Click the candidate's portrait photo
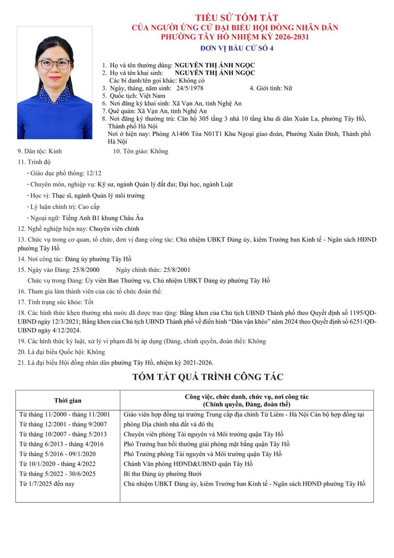(54, 83)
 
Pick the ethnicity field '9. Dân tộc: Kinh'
(40, 151)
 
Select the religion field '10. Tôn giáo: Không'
(140, 151)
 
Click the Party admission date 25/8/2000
(84, 270)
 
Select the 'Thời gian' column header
(68, 400)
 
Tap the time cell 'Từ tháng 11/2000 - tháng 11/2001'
(64, 414)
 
